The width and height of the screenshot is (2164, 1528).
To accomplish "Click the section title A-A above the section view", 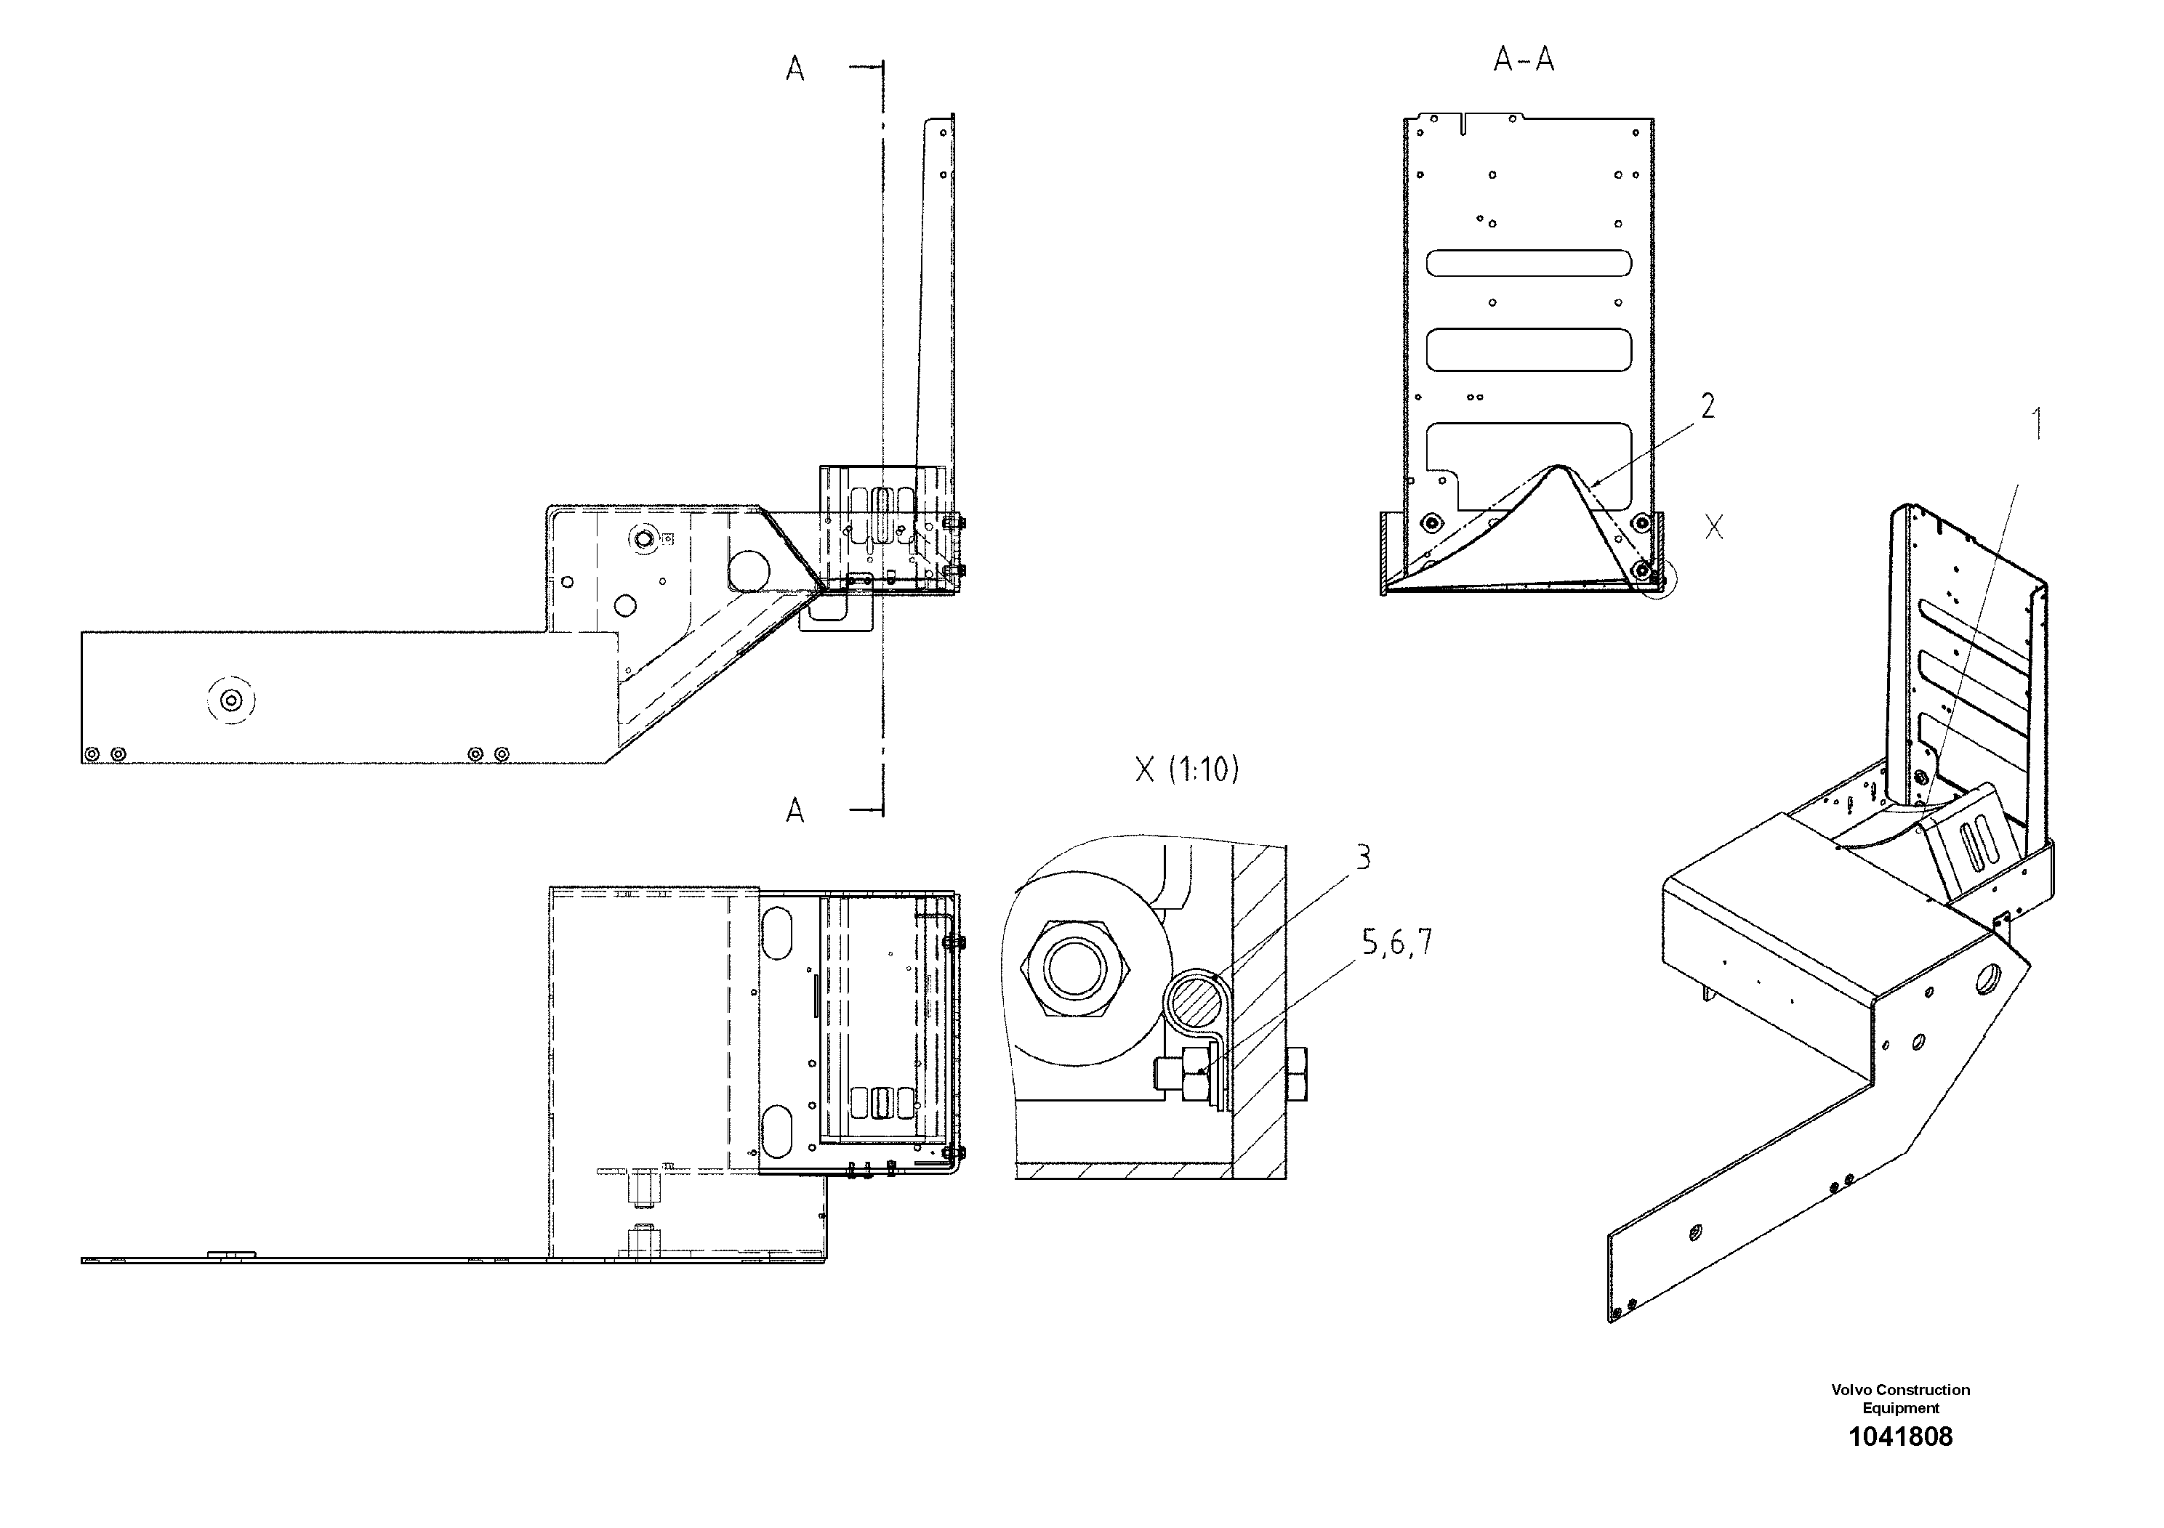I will pyautogui.click(x=1523, y=60).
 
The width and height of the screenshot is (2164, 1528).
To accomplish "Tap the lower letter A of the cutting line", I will pyautogui.click(x=795, y=810).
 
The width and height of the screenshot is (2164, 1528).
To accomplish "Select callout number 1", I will pyautogui.click(x=2037, y=424).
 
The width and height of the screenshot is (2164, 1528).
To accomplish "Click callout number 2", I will pyautogui.click(x=1707, y=406).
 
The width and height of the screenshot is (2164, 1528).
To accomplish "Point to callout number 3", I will pyautogui.click(x=1363, y=858).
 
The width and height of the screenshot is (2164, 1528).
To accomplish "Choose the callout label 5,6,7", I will pyautogui.click(x=1397, y=942).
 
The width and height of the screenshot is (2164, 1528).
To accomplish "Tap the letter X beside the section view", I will pyautogui.click(x=1713, y=527).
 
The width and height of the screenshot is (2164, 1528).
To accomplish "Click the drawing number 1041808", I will pyautogui.click(x=1900, y=1436).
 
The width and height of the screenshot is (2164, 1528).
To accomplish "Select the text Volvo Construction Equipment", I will pyautogui.click(x=1900, y=1399).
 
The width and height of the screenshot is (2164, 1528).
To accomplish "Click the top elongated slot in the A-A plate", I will pyautogui.click(x=1529, y=263).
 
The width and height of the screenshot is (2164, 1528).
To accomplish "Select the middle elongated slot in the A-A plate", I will pyautogui.click(x=1529, y=349).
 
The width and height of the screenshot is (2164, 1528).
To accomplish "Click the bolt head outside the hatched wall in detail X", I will pyautogui.click(x=1296, y=1074).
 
